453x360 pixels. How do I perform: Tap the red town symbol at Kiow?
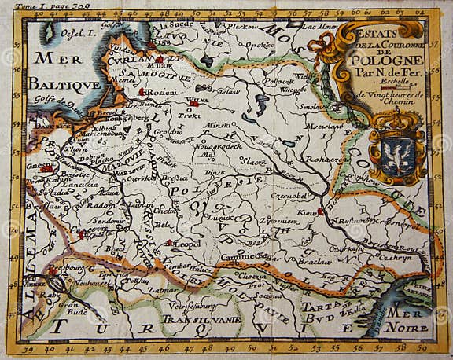[320, 211]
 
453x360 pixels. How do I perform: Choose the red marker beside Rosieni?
[142, 92]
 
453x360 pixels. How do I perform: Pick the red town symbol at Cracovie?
[82, 233]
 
